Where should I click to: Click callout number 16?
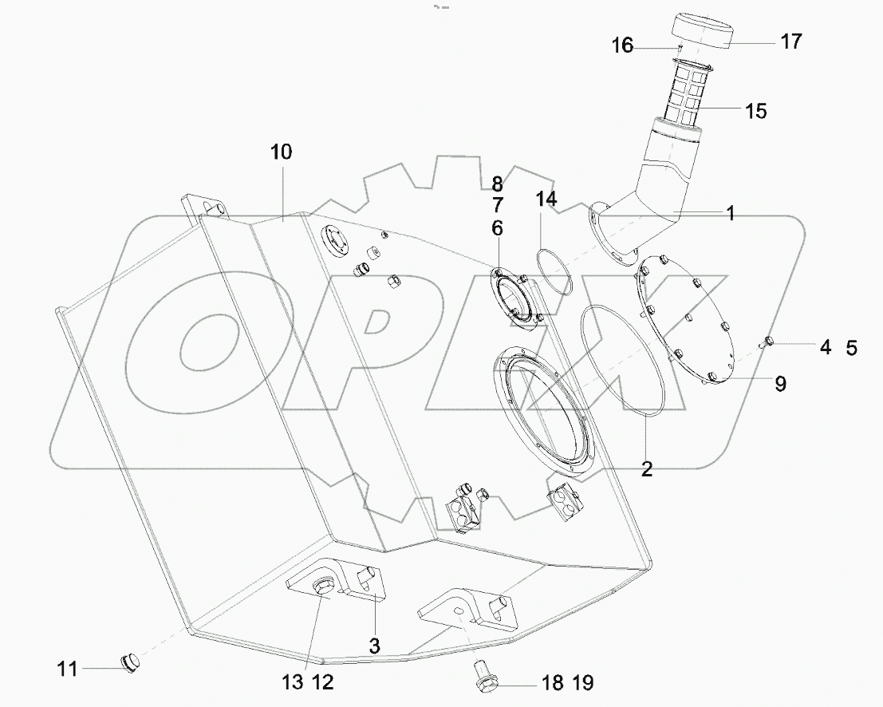[622, 46]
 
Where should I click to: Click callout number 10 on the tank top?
[282, 152]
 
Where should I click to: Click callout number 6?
[497, 228]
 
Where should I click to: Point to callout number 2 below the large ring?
[646, 469]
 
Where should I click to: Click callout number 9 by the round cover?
[779, 384]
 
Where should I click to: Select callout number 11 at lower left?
[68, 669]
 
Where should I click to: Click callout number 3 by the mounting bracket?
[374, 644]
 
